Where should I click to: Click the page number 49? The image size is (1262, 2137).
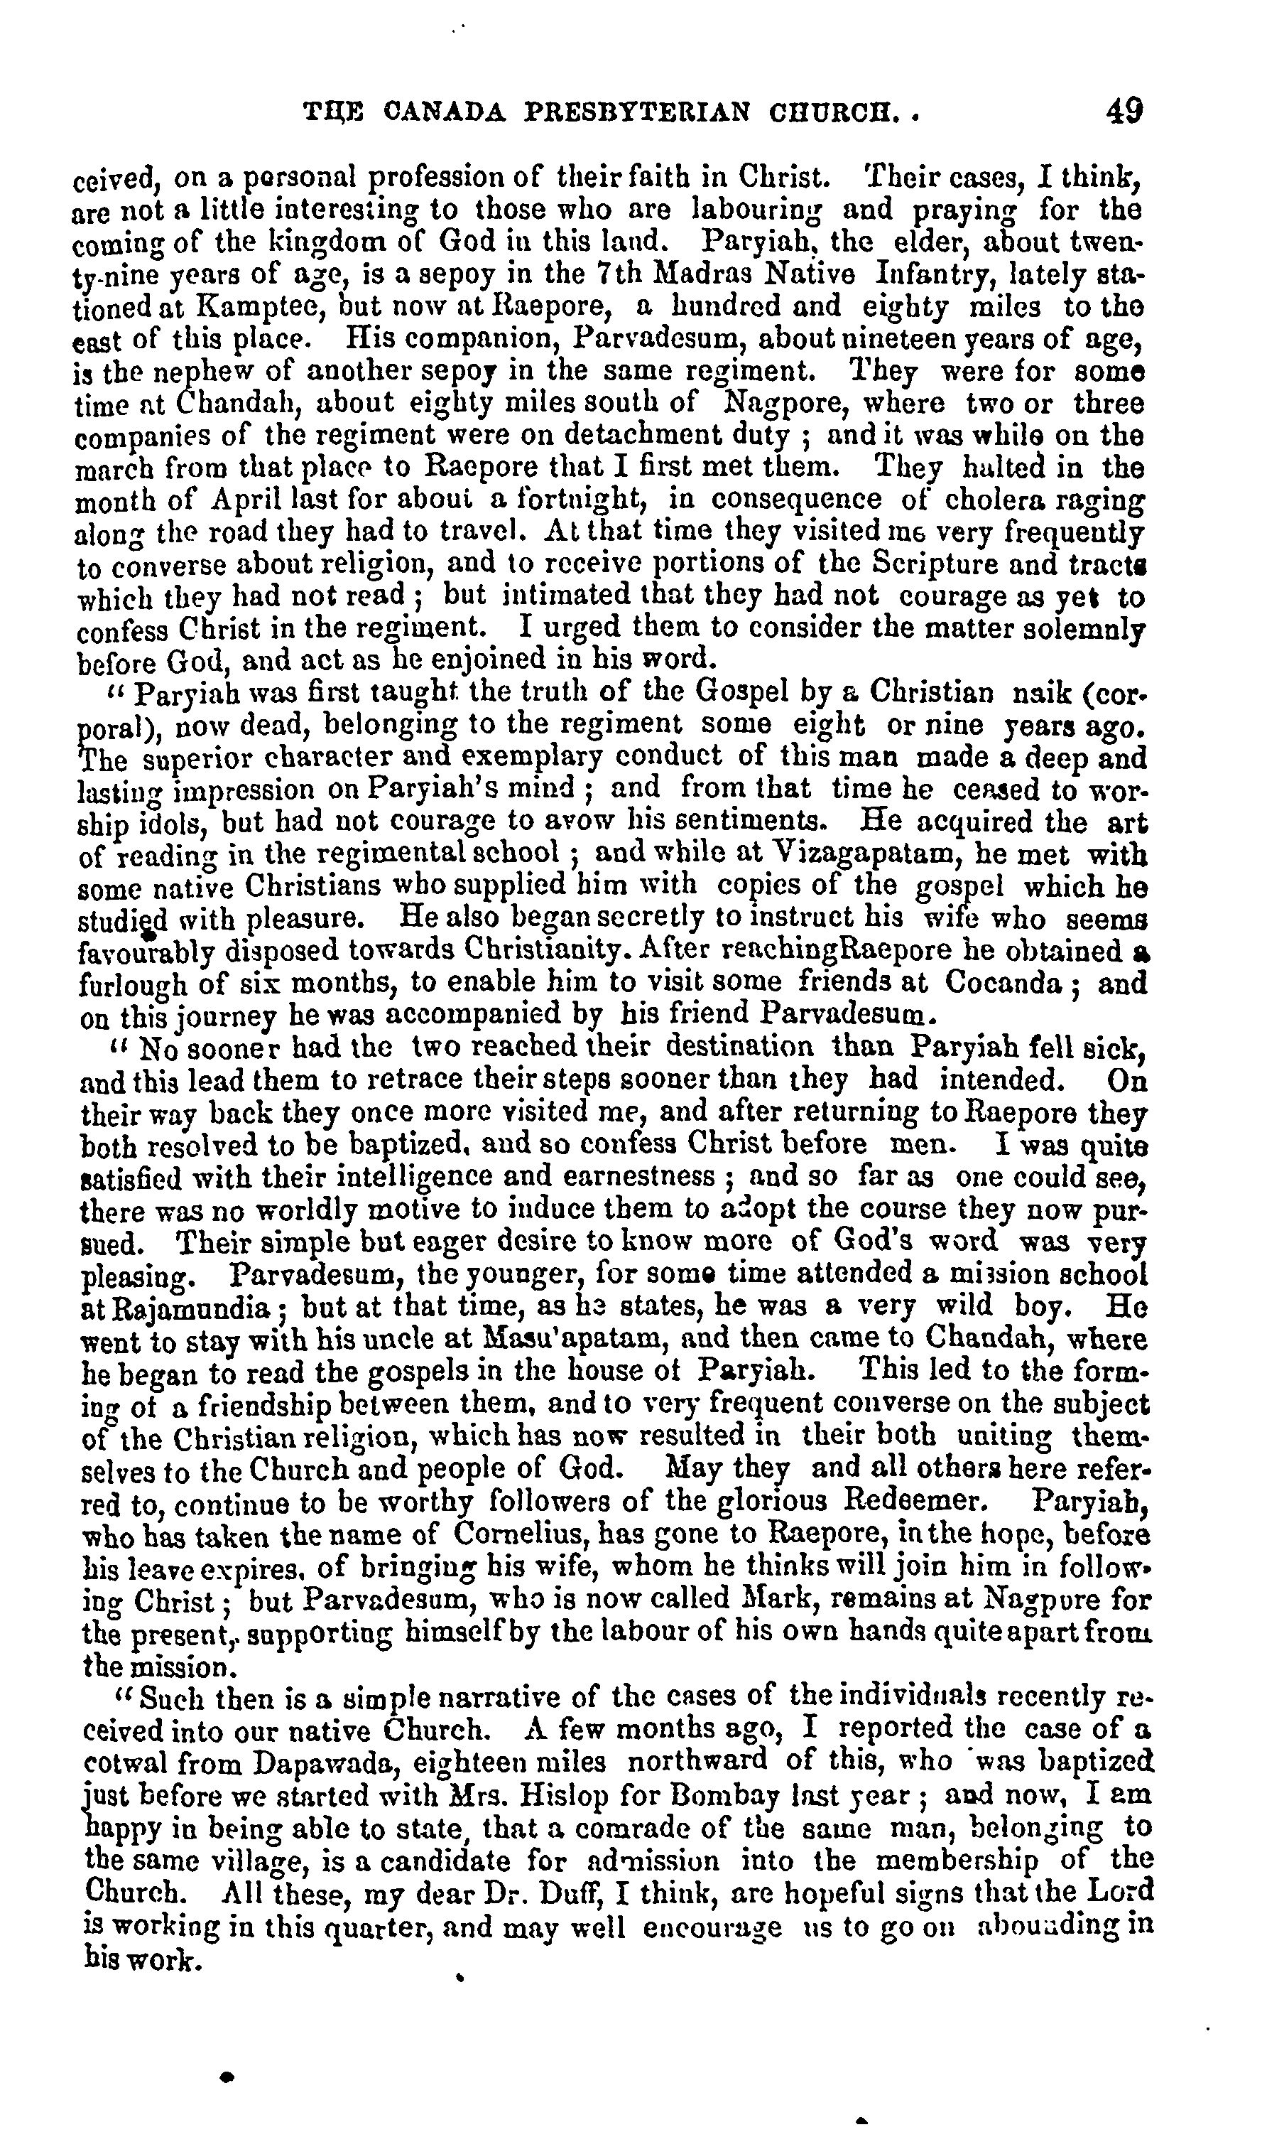point(1124,112)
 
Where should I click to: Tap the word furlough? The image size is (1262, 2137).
point(133,985)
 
